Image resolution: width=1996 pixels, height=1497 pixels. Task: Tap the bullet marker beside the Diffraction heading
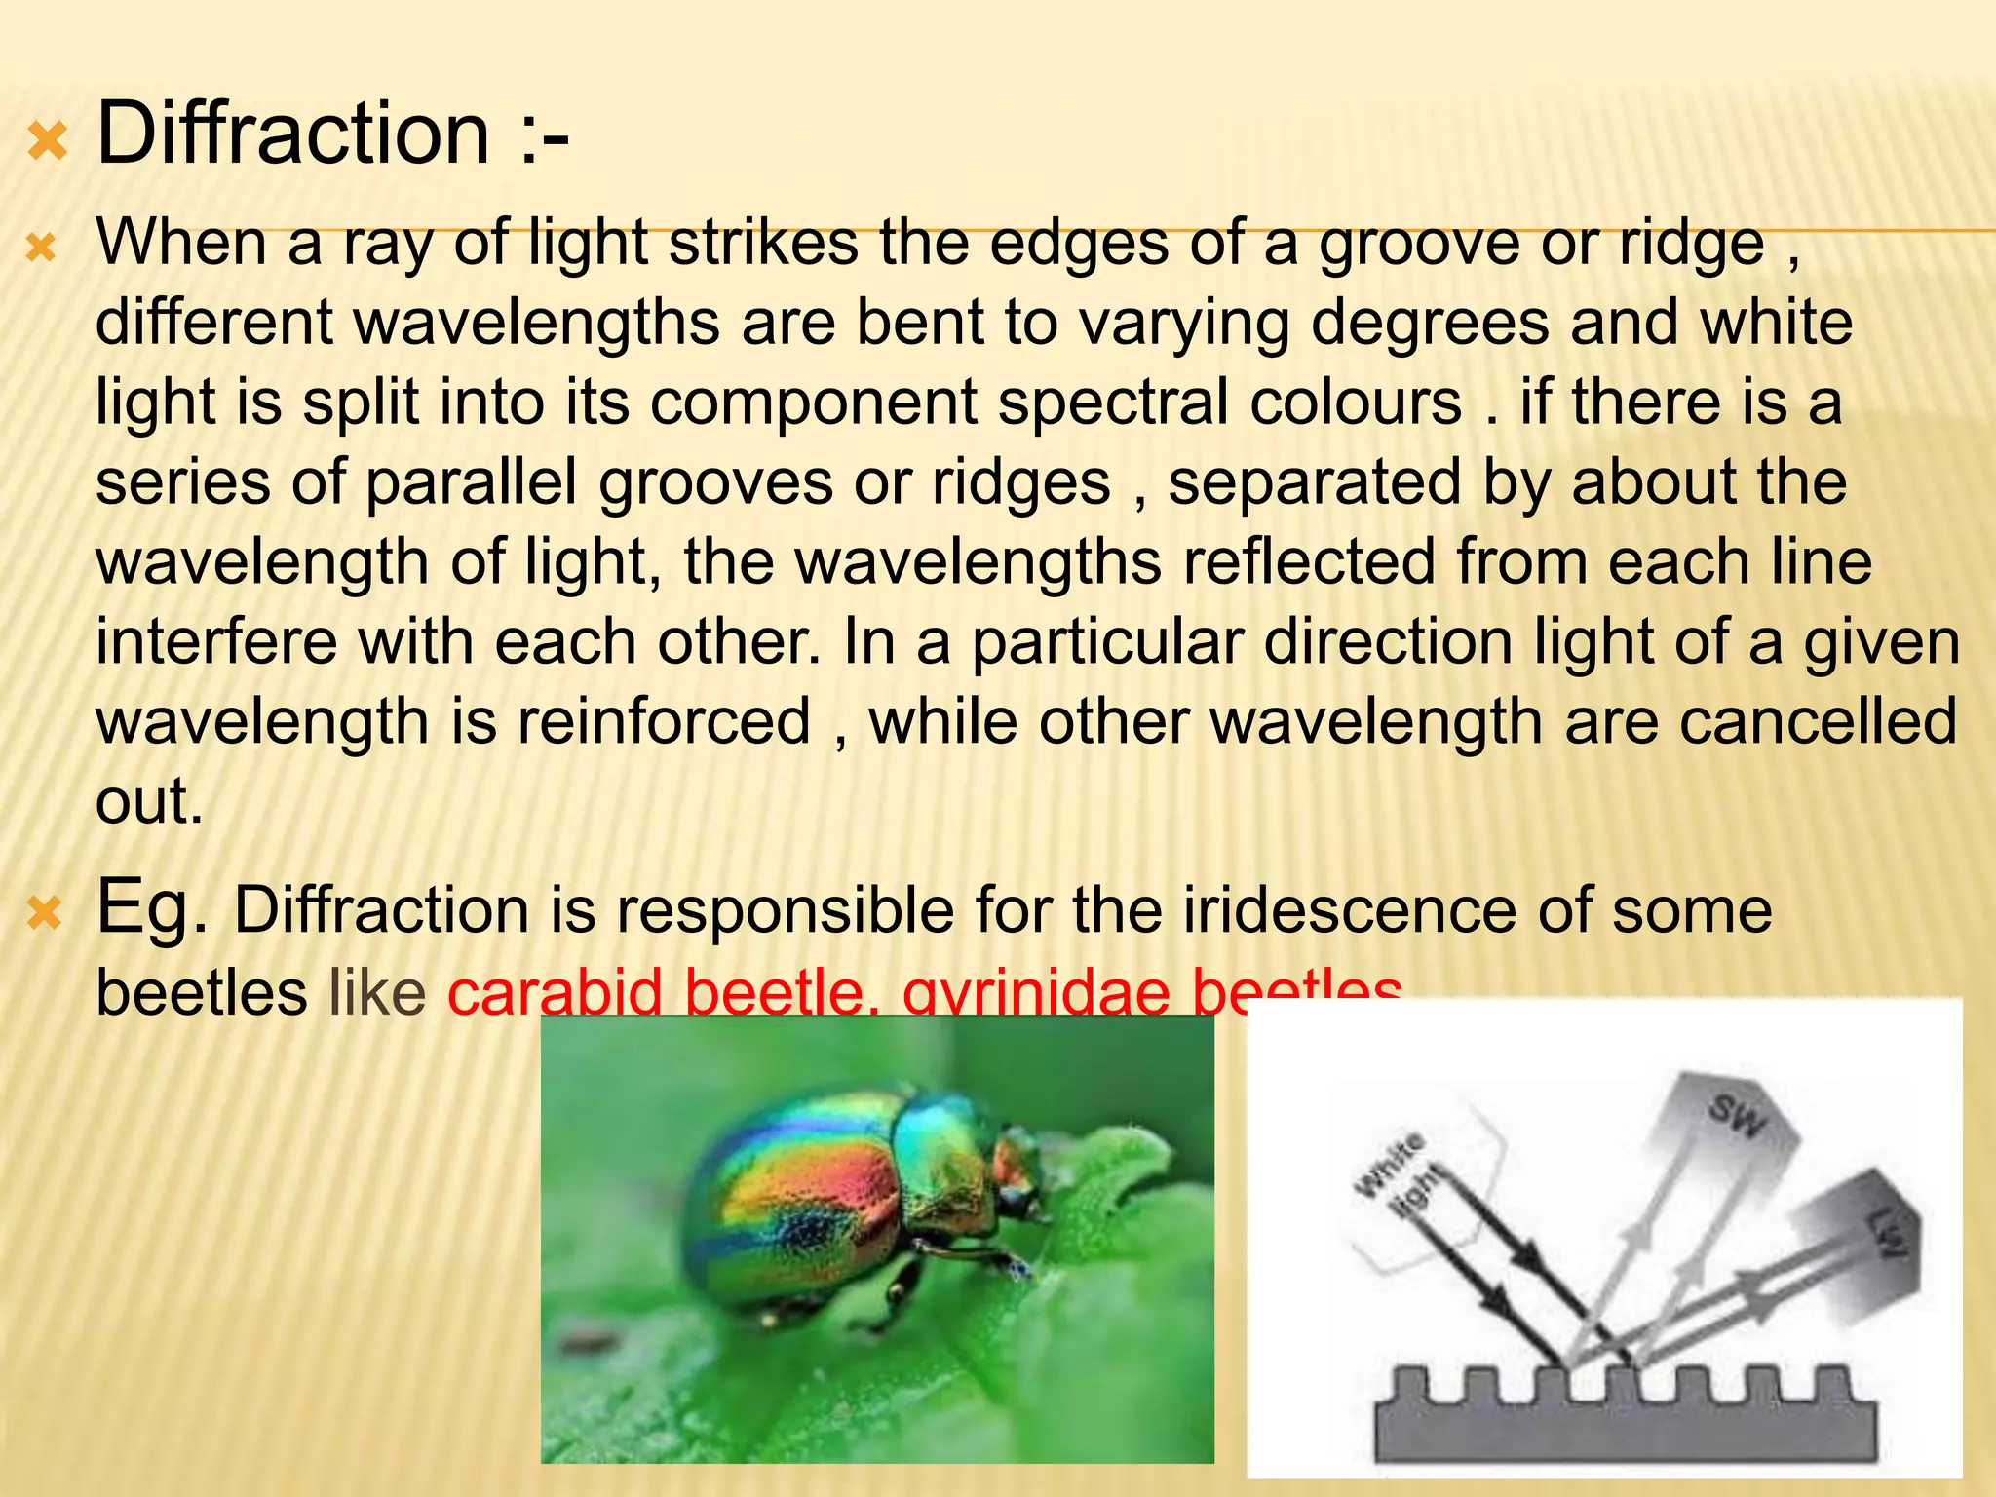click(47, 142)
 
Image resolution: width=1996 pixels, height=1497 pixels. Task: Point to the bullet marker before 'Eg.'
click(44, 914)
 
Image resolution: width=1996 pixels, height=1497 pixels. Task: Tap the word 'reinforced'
click(664, 721)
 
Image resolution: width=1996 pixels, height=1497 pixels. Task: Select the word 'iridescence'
click(1350, 910)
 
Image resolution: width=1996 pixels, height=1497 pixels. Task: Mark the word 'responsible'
click(785, 910)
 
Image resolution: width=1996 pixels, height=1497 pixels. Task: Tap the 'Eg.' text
click(152, 906)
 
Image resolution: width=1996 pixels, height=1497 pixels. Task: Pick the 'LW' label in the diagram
click(1887, 1234)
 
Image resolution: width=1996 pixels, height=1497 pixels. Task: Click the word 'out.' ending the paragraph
click(149, 801)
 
